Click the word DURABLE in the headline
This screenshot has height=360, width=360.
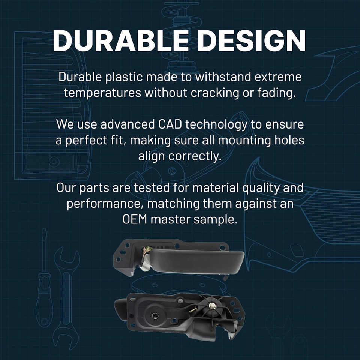point(121,40)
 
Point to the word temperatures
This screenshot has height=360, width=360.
point(102,93)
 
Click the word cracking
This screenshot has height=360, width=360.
point(214,93)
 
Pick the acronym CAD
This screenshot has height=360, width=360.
point(170,124)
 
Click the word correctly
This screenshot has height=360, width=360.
point(195,157)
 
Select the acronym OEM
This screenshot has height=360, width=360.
point(135,219)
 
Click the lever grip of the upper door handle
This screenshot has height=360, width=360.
point(196,261)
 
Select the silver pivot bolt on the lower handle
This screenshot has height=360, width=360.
point(211,305)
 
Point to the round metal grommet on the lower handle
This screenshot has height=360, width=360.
point(155,315)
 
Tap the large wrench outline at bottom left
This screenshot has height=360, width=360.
point(66,296)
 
